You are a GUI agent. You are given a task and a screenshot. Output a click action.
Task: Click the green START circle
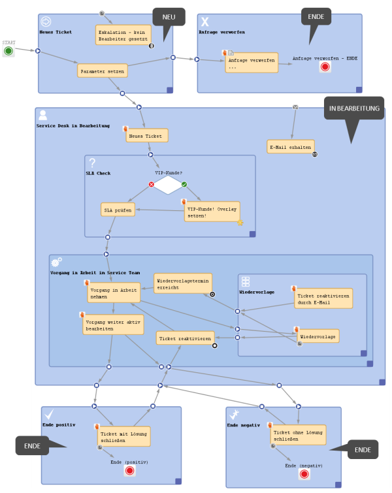tap(8, 51)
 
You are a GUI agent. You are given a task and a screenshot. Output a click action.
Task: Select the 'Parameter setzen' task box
tap(103, 71)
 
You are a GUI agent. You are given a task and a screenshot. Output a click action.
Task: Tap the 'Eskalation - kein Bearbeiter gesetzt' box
tap(123, 35)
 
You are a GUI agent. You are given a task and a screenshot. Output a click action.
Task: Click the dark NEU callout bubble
tap(169, 17)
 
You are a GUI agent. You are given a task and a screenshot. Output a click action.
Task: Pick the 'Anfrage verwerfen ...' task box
tap(252, 63)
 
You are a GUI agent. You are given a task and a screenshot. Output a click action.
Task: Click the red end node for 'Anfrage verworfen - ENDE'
tap(325, 67)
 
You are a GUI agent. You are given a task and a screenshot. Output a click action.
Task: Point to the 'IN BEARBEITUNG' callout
tap(354, 108)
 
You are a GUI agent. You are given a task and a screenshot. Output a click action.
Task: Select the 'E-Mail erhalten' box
tap(290, 147)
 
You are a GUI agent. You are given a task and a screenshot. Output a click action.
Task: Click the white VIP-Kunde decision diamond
tap(168, 185)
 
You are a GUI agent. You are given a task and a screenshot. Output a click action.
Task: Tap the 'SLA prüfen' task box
tap(118, 210)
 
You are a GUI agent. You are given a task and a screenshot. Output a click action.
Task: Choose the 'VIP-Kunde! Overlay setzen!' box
tap(212, 212)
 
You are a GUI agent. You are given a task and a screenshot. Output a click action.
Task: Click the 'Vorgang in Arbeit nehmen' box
tap(114, 293)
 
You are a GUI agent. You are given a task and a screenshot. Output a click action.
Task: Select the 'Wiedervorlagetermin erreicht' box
tap(182, 283)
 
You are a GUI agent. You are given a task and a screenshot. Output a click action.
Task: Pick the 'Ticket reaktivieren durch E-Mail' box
tap(323, 298)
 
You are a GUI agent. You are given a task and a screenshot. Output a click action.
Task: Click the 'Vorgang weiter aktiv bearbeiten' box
tap(113, 325)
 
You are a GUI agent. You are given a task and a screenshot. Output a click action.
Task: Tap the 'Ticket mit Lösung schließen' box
tap(123, 436)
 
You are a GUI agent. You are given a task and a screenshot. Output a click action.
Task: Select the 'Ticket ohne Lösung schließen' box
tap(298, 435)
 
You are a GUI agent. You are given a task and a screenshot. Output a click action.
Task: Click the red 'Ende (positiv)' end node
tap(129, 470)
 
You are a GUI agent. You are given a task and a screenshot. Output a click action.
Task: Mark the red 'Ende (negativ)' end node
tap(304, 474)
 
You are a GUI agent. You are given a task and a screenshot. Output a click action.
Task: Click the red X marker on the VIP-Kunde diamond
tap(152, 184)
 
